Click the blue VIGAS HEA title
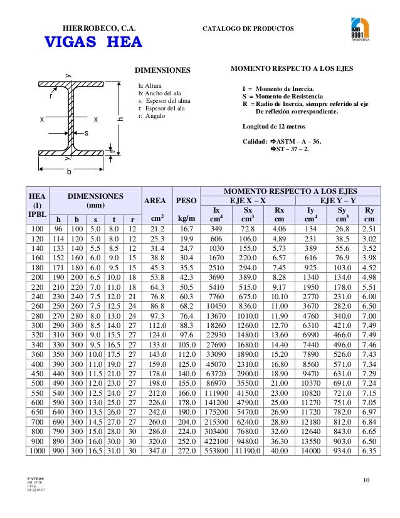(92, 43)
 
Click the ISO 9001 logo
(360, 31)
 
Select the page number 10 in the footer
(366, 480)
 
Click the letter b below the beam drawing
(69, 171)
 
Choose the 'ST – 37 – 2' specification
(292, 149)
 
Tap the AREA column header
(155, 201)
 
